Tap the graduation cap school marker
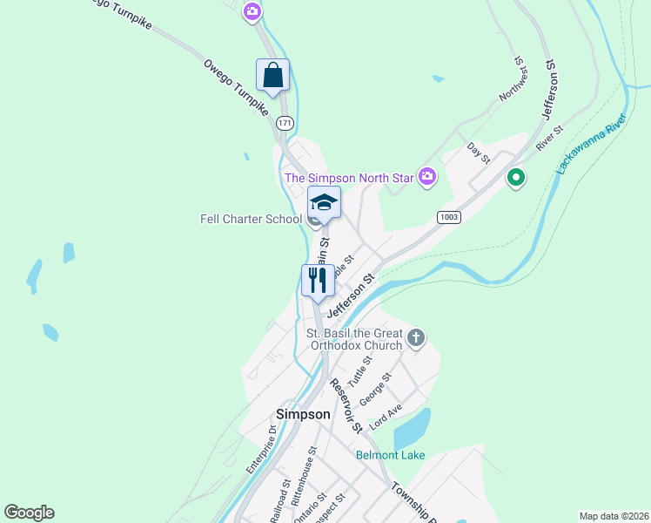point(324,202)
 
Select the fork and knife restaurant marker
point(317,280)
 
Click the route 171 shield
point(285,123)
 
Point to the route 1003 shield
point(448,217)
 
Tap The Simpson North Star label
point(350,178)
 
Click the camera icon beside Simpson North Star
point(427,177)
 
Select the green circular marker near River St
point(516,179)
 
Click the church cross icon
point(416,337)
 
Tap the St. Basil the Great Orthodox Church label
point(354,339)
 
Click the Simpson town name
point(303,414)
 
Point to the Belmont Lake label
point(390,455)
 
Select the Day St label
point(479,153)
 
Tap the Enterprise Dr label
point(260,448)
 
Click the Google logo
point(29,513)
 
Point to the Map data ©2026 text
point(614,516)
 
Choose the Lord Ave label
point(386,415)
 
